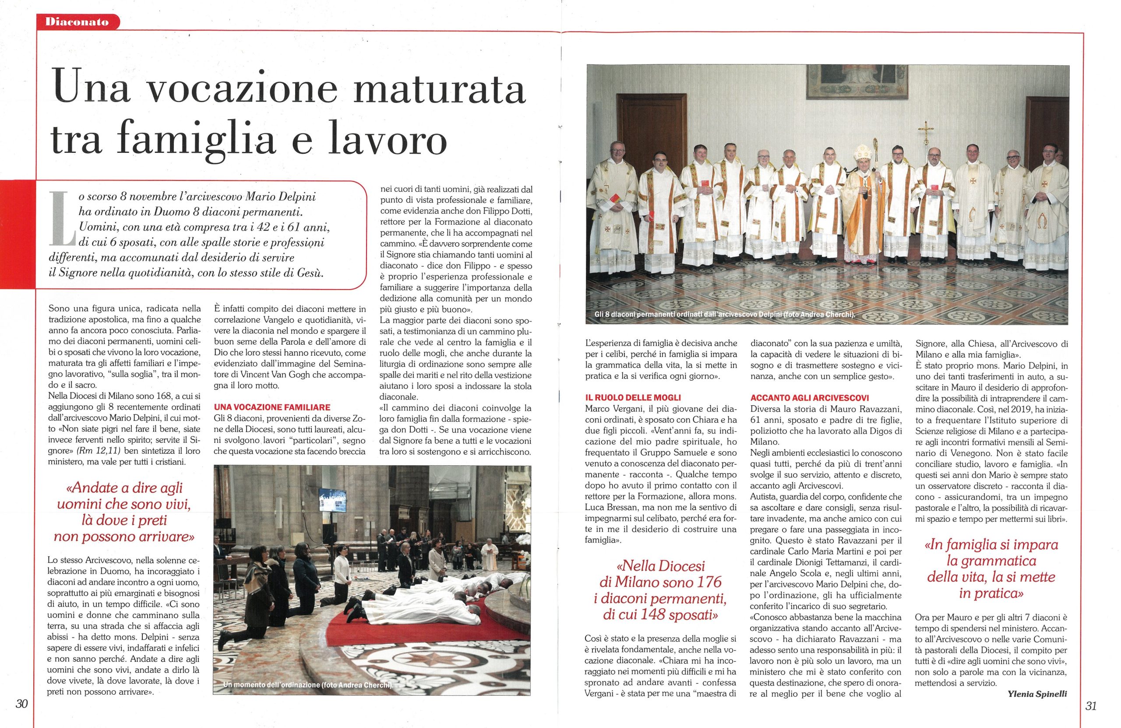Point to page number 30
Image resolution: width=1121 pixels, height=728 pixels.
point(21,705)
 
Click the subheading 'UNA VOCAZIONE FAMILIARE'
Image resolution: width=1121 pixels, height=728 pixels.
point(272,407)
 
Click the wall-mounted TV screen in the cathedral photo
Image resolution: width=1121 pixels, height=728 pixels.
point(332,500)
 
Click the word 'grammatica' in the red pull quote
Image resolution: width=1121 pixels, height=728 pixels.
point(996,561)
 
